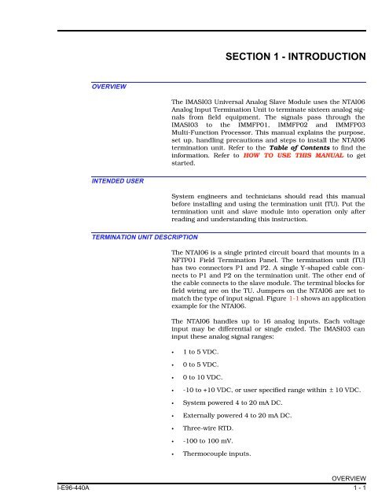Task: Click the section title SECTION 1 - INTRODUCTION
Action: click(294, 57)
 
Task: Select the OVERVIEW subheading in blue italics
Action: click(109, 87)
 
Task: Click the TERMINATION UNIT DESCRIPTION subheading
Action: click(143, 236)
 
